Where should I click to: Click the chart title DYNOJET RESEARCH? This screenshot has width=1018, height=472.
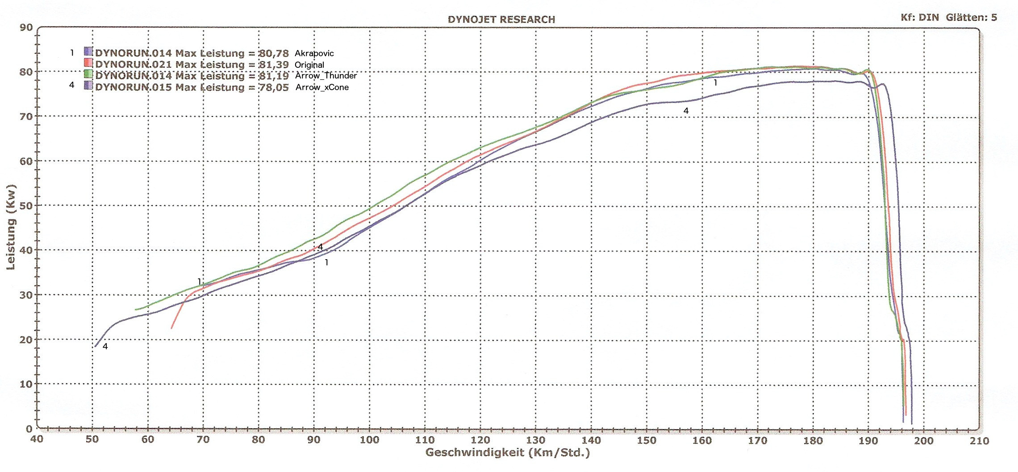[501, 20]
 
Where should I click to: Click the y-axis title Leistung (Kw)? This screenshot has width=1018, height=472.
[11, 227]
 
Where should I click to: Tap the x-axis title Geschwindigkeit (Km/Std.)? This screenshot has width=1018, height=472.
[507, 453]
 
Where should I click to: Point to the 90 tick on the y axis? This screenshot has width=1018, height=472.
[26, 28]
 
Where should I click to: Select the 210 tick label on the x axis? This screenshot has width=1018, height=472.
[979, 441]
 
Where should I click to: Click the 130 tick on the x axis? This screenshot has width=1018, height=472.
[535, 440]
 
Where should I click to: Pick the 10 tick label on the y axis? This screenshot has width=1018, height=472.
[26, 384]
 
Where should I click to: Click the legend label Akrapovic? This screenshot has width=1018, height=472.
[314, 54]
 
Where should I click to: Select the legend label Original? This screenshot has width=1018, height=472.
[309, 65]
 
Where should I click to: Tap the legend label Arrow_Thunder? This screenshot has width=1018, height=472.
[325, 76]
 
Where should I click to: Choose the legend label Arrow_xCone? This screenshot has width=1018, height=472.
[322, 87]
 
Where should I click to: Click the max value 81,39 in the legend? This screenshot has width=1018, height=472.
[274, 65]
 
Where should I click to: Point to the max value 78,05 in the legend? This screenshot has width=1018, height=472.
[274, 87]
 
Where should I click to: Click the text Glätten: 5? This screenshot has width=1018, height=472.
[971, 18]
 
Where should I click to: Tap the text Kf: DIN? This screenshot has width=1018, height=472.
[919, 18]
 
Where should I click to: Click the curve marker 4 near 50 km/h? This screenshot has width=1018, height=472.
[105, 347]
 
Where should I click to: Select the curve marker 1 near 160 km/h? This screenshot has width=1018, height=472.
[715, 83]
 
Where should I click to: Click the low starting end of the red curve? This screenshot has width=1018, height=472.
[171, 328]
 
